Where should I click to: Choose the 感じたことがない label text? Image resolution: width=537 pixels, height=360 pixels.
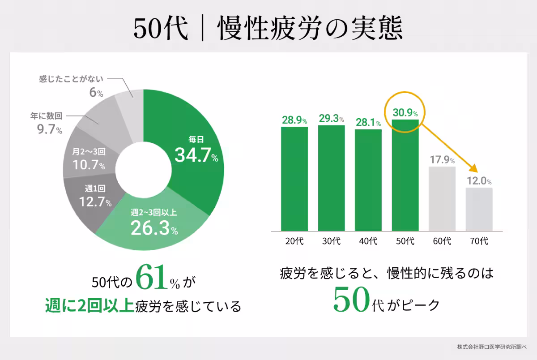[71, 79]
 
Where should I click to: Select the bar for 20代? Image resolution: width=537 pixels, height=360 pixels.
[294, 179]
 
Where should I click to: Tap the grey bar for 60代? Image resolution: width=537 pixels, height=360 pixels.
[442, 199]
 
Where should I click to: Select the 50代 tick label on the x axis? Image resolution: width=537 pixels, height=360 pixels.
[405, 241]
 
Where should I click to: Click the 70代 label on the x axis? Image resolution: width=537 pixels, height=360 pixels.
[479, 241]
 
